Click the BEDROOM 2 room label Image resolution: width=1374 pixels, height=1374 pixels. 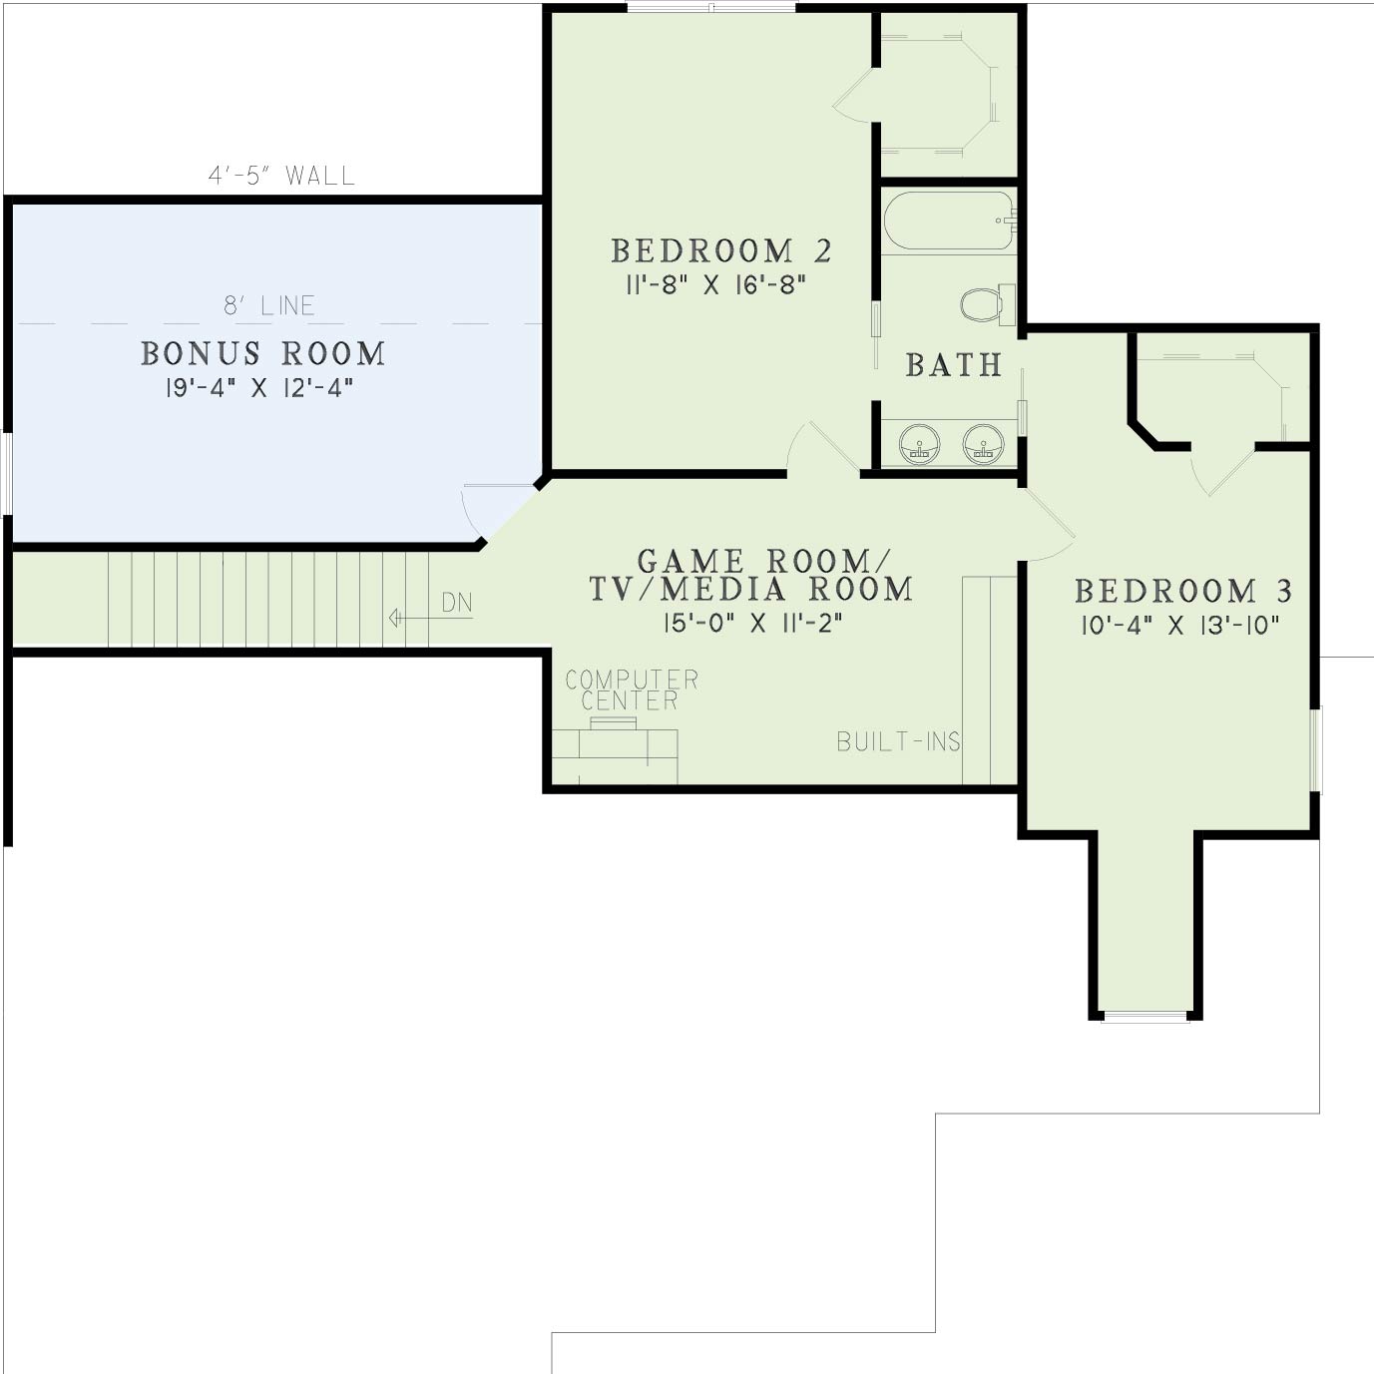coord(720,251)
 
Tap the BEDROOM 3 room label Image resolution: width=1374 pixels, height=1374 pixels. coord(1183,591)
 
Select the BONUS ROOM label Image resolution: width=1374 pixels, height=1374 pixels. coord(263,353)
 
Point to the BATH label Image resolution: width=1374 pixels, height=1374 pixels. coord(954,365)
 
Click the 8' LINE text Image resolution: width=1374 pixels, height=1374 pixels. coord(269,306)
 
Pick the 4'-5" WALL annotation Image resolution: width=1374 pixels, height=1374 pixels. coord(281,176)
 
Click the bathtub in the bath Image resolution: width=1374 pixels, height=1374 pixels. coord(949,221)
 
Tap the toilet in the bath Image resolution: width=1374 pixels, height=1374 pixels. coord(987,305)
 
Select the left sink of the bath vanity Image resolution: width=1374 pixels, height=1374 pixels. coord(920,445)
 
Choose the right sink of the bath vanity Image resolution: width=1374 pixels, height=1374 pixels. coord(984,445)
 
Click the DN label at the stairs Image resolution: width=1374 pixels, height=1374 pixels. coord(457,604)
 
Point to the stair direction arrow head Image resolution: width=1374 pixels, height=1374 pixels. coord(394,618)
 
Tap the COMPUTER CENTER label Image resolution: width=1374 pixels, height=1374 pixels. coord(632,690)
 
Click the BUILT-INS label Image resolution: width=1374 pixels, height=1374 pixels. coord(898,742)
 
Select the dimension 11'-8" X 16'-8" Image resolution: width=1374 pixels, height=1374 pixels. coord(715,286)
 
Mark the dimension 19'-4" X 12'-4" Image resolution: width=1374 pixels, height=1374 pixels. coord(259,388)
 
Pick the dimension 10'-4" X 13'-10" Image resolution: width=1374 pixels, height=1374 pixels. coord(1180,626)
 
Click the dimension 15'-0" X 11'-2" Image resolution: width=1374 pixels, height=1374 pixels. coord(753,624)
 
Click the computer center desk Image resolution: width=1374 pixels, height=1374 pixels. coord(615,752)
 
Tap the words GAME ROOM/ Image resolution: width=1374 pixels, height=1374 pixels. coord(763,561)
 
